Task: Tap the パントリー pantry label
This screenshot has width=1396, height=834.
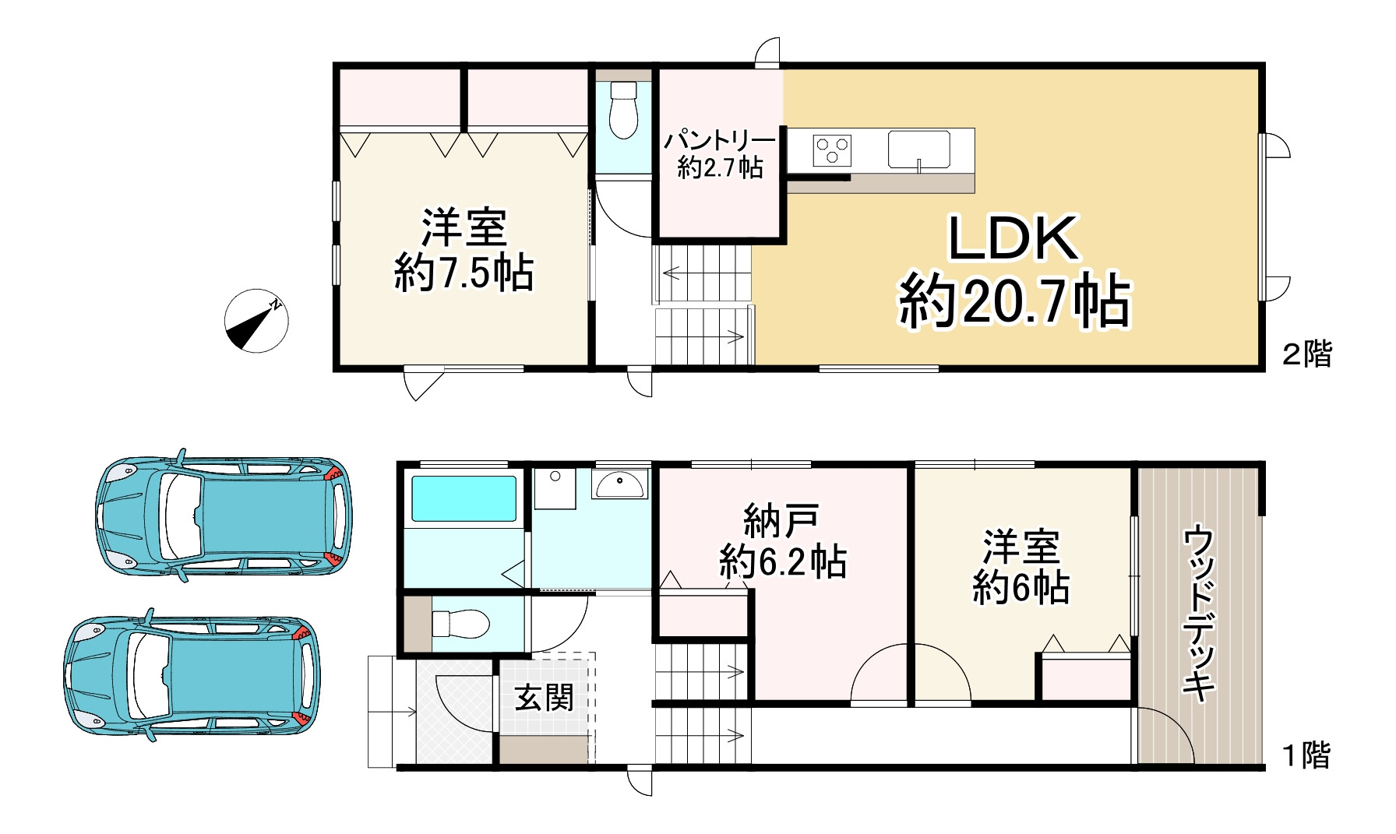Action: [720, 154]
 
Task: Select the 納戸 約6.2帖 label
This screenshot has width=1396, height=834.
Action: [782, 540]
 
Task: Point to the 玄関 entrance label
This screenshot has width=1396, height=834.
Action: [545, 697]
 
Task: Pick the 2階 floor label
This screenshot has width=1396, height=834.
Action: [1307, 354]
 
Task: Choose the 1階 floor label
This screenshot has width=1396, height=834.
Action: [1306, 755]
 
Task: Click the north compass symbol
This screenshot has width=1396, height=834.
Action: [256, 320]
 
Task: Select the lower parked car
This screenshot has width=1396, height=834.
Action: [192, 674]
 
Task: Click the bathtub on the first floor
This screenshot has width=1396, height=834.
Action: [464, 498]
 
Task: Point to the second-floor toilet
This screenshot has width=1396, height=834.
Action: [623, 111]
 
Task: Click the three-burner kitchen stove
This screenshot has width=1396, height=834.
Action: [832, 150]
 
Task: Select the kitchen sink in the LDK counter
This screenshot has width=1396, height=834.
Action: [919, 149]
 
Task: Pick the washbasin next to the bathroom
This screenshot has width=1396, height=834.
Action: [619, 484]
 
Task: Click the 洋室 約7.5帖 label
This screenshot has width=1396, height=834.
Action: [464, 249]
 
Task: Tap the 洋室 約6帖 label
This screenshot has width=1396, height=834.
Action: [1021, 566]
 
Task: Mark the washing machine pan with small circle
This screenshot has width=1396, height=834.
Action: [555, 488]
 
